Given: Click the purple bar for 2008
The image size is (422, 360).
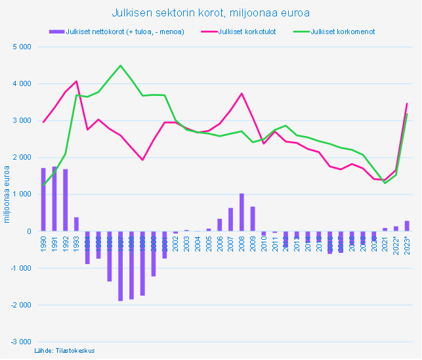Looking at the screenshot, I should pos(242,212).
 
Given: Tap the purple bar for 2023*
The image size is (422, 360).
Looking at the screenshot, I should pos(407,226).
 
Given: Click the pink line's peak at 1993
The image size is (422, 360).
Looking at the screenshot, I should pos(77,81).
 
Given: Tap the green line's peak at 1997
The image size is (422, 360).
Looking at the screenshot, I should pos(120,66).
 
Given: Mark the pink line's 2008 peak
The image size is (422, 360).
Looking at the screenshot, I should pos(242,93).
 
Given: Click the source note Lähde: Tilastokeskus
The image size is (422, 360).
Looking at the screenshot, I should pos(64,351).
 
